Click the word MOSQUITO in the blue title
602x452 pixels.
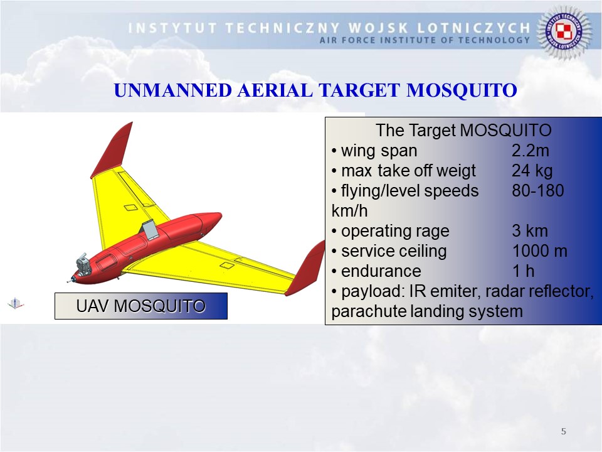tap(462, 90)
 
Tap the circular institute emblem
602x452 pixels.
tap(564, 32)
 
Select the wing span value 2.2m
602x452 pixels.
tap(531, 151)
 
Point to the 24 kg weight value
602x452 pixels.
tap(532, 171)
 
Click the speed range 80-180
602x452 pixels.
tap(538, 191)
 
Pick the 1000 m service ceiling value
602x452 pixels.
tap(540, 251)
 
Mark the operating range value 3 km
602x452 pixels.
tap(530, 231)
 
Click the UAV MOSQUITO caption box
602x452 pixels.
tap(141, 306)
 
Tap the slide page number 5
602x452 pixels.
tap(564, 431)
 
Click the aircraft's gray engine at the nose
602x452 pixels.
tap(83, 264)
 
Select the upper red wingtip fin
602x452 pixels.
tap(112, 150)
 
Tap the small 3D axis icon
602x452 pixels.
tap(15, 304)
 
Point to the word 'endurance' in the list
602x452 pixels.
tap(381, 271)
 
